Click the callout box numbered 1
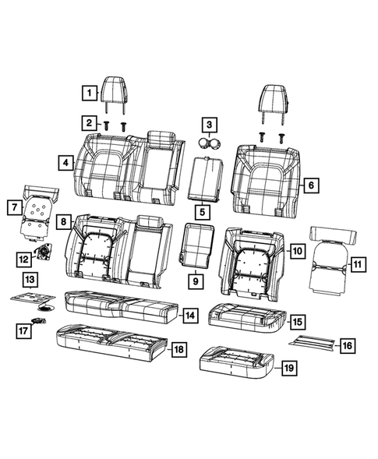90,94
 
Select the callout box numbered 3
208,124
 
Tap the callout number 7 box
13,207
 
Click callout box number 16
348,344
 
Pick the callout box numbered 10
296,250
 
